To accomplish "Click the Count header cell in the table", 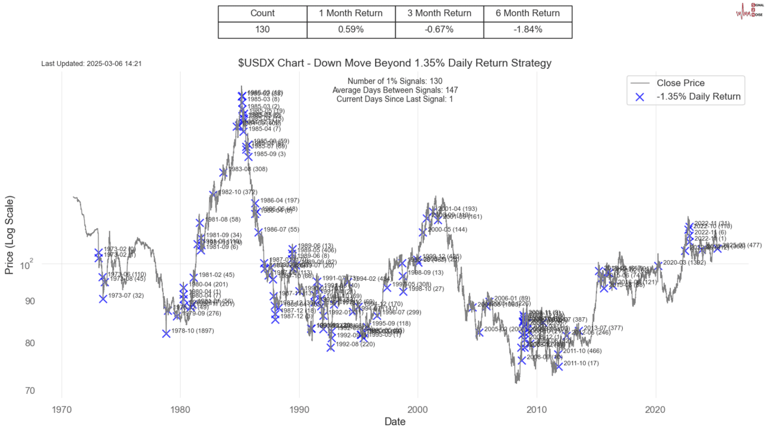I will click(x=262, y=13).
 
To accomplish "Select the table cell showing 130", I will click(x=262, y=29).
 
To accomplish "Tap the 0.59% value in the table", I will click(x=351, y=29).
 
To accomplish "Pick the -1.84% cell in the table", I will click(x=528, y=29).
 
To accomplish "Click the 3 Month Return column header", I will click(x=439, y=13).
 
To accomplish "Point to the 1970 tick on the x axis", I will click(x=62, y=410).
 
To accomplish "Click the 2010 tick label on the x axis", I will click(x=537, y=410).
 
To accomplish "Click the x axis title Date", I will click(x=395, y=422).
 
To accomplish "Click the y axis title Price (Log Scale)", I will click(x=9, y=236).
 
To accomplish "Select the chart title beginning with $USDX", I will click(x=395, y=63).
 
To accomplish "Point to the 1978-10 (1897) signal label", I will click(x=192, y=331).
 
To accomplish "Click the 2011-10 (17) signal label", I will click(x=581, y=363).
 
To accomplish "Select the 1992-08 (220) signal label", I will click(x=355, y=344).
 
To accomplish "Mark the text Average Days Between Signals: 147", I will click(x=395, y=90).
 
